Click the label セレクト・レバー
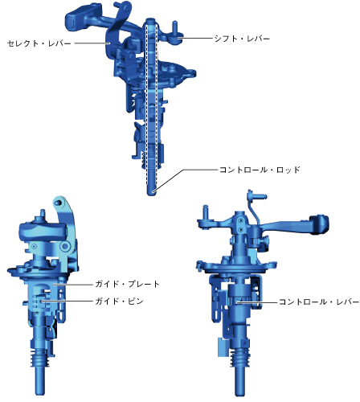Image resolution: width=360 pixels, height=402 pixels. click(39, 43)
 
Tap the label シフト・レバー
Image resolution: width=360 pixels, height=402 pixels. click(242, 39)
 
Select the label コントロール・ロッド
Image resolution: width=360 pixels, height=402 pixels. click(260, 170)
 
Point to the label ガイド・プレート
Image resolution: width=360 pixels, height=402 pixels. click(128, 284)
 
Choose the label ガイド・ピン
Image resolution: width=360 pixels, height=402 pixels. click(120, 301)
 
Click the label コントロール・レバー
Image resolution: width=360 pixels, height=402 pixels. click(319, 301)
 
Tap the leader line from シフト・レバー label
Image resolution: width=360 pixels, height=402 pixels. click(195, 39)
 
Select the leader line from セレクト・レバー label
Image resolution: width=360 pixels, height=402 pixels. click(92, 43)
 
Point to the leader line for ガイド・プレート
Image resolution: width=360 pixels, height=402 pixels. click(73, 284)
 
